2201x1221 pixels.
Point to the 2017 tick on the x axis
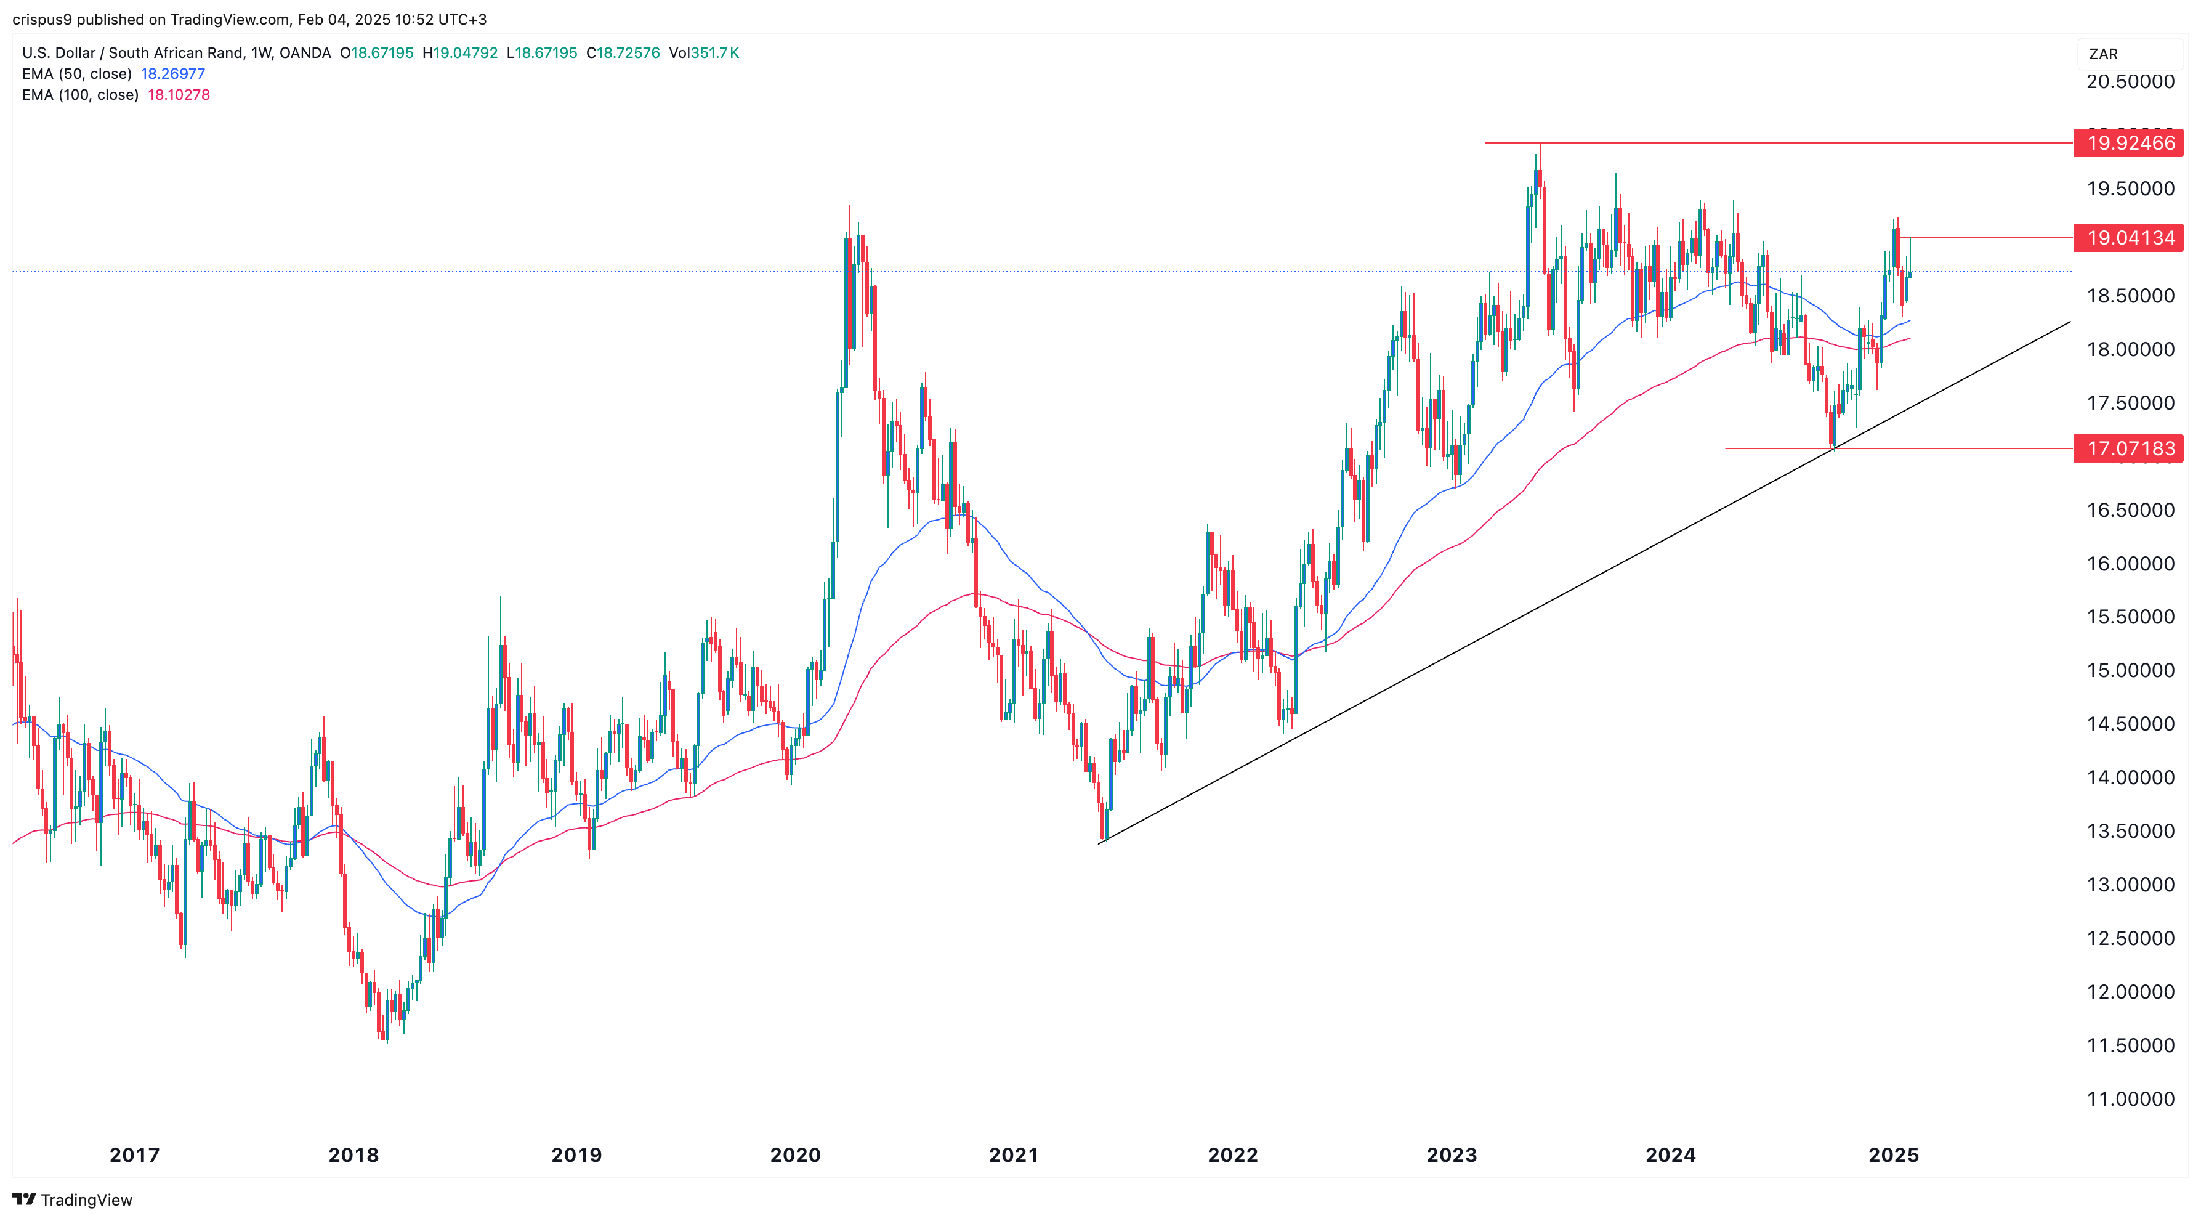coord(134,1155)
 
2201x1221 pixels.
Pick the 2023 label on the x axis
coord(1451,1155)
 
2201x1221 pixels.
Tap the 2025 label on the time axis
coord(1894,1155)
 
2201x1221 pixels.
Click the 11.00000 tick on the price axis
coord(2130,1099)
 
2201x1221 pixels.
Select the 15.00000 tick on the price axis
coord(2130,670)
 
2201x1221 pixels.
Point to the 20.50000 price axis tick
coord(2130,82)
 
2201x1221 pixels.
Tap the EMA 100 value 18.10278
coord(179,95)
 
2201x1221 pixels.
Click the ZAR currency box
coord(2128,54)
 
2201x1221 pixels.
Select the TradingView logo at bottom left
coord(73,1199)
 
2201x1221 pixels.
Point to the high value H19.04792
coord(459,53)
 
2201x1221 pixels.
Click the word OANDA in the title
coord(305,53)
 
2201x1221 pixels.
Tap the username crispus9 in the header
coord(42,19)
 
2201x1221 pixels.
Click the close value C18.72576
coord(623,53)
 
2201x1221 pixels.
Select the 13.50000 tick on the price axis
coord(2130,830)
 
